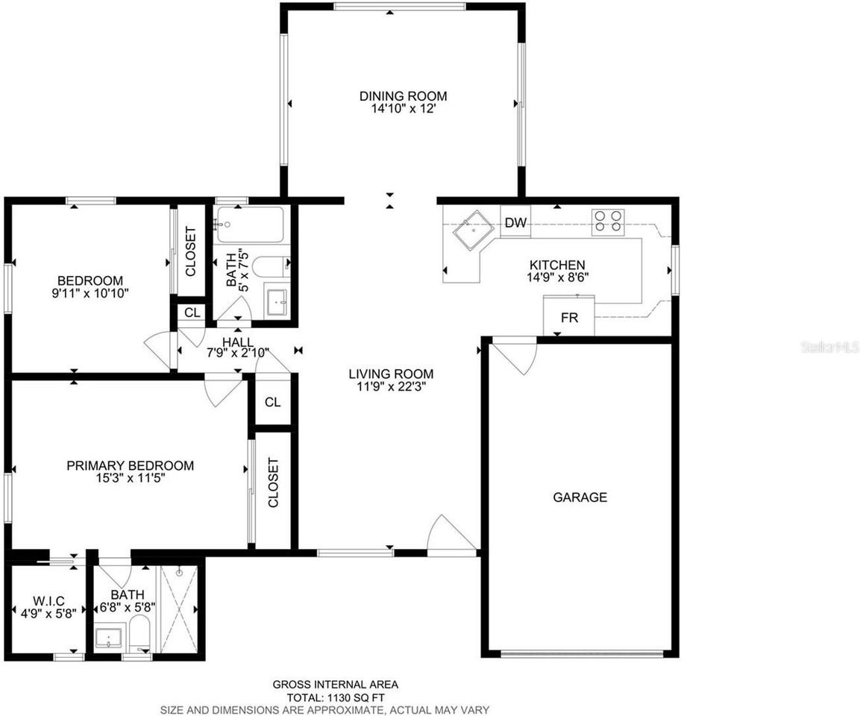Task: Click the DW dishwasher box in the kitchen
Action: click(x=515, y=222)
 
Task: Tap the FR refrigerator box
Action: click(x=569, y=316)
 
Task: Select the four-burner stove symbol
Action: click(x=608, y=222)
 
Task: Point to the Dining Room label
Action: click(x=403, y=95)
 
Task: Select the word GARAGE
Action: click(x=580, y=497)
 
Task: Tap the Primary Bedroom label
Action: click(x=130, y=465)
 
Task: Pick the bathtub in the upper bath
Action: click(x=249, y=224)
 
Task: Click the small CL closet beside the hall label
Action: click(x=192, y=313)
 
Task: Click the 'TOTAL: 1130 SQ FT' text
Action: click(x=335, y=697)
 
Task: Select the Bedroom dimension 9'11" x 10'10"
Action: click(x=87, y=293)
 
